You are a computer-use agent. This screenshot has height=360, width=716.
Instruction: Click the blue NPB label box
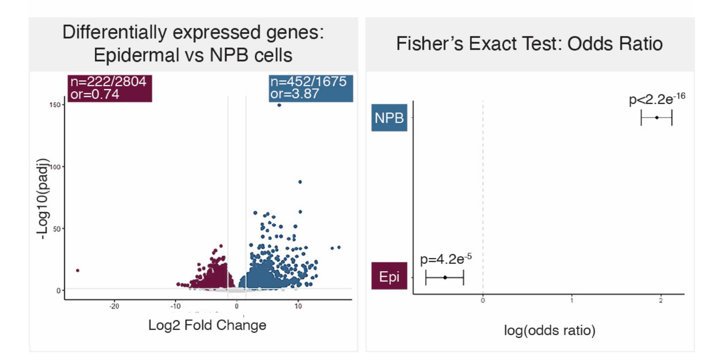(x=389, y=117)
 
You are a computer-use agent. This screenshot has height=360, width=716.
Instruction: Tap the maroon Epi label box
(x=389, y=276)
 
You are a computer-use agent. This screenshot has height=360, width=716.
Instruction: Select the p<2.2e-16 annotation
(x=656, y=99)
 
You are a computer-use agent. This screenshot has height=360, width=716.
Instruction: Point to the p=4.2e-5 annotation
(x=446, y=259)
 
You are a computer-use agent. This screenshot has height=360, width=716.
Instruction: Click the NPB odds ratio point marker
(x=657, y=117)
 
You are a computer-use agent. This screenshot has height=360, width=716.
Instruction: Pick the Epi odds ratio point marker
(x=445, y=278)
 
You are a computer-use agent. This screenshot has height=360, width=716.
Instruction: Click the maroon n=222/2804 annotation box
(x=109, y=88)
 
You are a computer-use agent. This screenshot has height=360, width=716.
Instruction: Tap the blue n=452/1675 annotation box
(x=311, y=88)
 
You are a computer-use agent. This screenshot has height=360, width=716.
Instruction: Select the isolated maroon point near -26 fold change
(x=77, y=270)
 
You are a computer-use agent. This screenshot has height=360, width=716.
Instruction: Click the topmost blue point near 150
(x=279, y=105)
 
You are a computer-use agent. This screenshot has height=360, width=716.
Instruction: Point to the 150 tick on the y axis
(x=55, y=105)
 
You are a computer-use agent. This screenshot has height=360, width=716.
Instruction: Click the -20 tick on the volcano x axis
(x=114, y=306)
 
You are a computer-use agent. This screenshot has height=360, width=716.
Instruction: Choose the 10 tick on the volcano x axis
(x=298, y=306)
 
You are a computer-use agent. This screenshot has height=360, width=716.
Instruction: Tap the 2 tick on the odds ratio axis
(x=660, y=301)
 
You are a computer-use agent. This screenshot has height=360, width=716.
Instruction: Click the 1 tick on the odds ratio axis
(x=572, y=301)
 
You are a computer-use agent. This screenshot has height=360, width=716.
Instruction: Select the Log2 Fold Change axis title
(x=207, y=325)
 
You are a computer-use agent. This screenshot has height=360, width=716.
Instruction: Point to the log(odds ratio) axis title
(x=549, y=330)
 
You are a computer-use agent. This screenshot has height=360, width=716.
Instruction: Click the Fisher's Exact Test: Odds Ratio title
(x=529, y=44)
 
